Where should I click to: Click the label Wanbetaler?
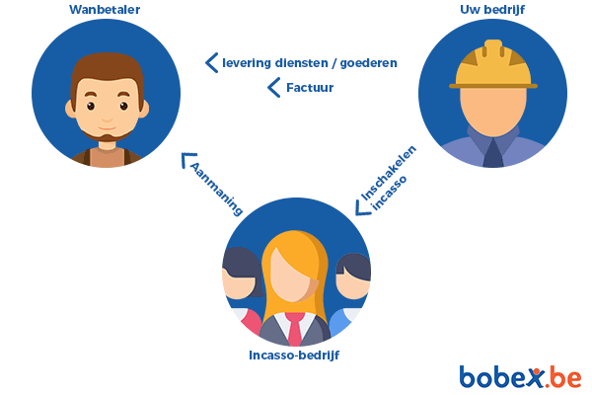coord(105,10)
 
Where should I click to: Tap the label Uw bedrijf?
coord(492,10)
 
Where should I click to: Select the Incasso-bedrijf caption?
coord(294,355)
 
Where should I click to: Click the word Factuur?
coord(310,88)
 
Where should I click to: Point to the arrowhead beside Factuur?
coord(274,88)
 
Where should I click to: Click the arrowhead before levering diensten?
coord(212,63)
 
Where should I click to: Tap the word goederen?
coord(368,63)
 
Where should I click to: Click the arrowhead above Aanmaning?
coord(187,160)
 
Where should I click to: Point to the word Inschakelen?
coord(389,173)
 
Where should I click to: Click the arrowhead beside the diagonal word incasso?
coord(363,208)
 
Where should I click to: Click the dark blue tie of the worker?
coord(493,153)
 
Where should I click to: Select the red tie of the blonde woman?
coord(294,329)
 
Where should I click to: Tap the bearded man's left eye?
coord(90,107)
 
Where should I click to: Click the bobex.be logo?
coord(520,376)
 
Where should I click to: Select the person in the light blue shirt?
coord(350,291)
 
